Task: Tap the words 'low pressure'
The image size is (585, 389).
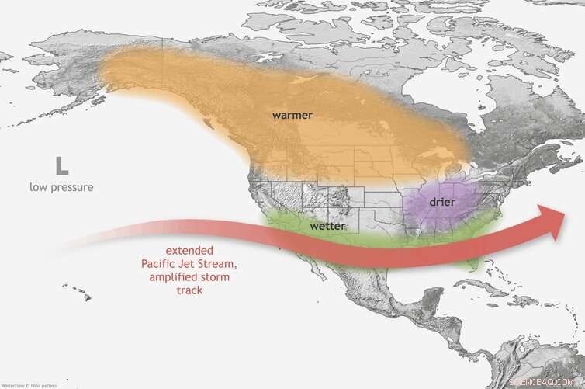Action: (61, 187)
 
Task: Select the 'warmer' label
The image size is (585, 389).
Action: (292, 115)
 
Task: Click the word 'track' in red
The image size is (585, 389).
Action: (189, 290)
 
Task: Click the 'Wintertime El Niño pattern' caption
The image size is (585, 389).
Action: (29, 384)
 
